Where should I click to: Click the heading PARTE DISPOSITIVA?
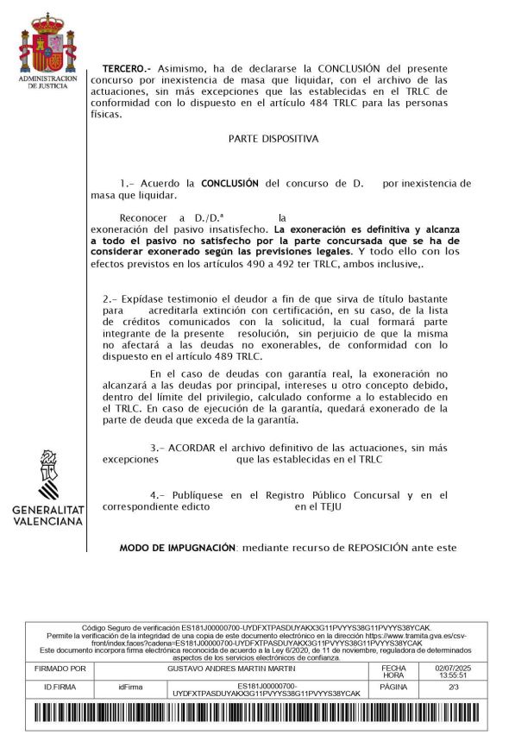coord(273,138)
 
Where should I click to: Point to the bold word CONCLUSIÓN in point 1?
coord(229,183)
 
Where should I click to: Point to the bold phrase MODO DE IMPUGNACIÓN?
coord(177,548)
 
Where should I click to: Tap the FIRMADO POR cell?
coord(60,669)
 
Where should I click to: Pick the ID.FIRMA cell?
coord(60,688)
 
